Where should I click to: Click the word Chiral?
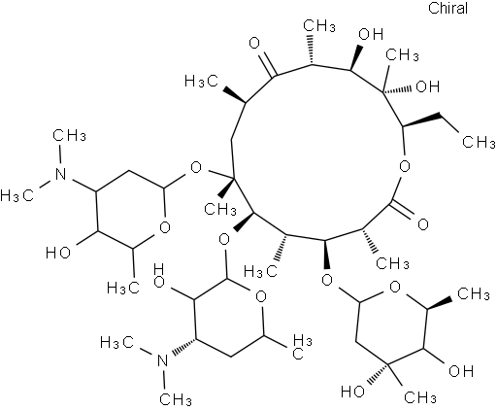click(x=447, y=8)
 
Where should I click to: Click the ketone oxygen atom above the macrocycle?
click(x=255, y=43)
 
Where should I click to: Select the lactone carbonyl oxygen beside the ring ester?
click(x=423, y=224)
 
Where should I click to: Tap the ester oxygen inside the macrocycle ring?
click(x=405, y=166)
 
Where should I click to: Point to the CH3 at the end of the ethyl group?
click(x=479, y=142)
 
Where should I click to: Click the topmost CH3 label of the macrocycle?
click(x=319, y=25)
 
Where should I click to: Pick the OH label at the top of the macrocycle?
click(x=371, y=34)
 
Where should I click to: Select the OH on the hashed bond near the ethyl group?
click(x=427, y=86)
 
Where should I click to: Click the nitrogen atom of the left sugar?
click(x=60, y=174)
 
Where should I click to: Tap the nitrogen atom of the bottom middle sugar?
click(x=163, y=360)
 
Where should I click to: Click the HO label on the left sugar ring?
click(x=58, y=252)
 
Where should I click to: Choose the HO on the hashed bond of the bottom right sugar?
click(x=353, y=392)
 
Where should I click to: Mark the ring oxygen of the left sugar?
click(x=165, y=227)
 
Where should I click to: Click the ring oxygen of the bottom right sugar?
click(x=395, y=287)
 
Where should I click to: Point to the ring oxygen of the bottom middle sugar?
click(x=260, y=296)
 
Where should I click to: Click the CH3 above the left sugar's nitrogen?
click(x=69, y=135)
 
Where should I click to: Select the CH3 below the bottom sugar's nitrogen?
click(x=176, y=399)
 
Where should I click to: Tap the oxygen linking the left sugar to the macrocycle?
click(x=196, y=168)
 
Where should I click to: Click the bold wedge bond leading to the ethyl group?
click(x=420, y=120)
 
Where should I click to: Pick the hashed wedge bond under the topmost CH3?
click(x=312, y=50)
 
